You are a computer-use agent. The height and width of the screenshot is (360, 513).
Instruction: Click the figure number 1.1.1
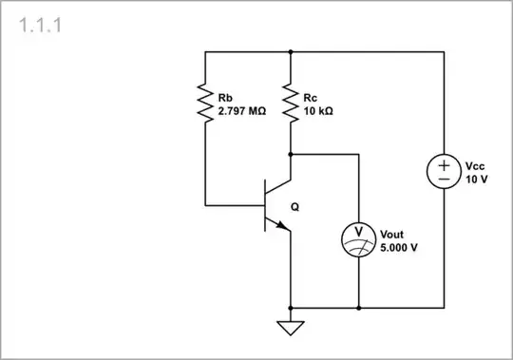point(41,26)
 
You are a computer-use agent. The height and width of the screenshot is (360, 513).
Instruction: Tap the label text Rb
point(224,98)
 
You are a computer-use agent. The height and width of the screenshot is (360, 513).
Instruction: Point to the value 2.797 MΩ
point(242,111)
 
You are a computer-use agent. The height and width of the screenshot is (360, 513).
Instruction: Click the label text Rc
point(311,98)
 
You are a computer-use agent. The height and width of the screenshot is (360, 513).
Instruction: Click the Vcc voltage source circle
point(444,172)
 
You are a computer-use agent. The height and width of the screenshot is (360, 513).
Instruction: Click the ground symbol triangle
point(291,329)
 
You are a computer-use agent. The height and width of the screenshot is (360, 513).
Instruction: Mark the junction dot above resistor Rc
point(291,52)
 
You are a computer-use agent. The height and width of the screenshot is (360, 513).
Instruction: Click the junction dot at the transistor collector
point(291,153)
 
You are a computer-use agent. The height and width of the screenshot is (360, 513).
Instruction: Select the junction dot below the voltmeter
point(357,309)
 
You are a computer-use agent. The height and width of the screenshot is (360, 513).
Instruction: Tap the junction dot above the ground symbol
point(291,309)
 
